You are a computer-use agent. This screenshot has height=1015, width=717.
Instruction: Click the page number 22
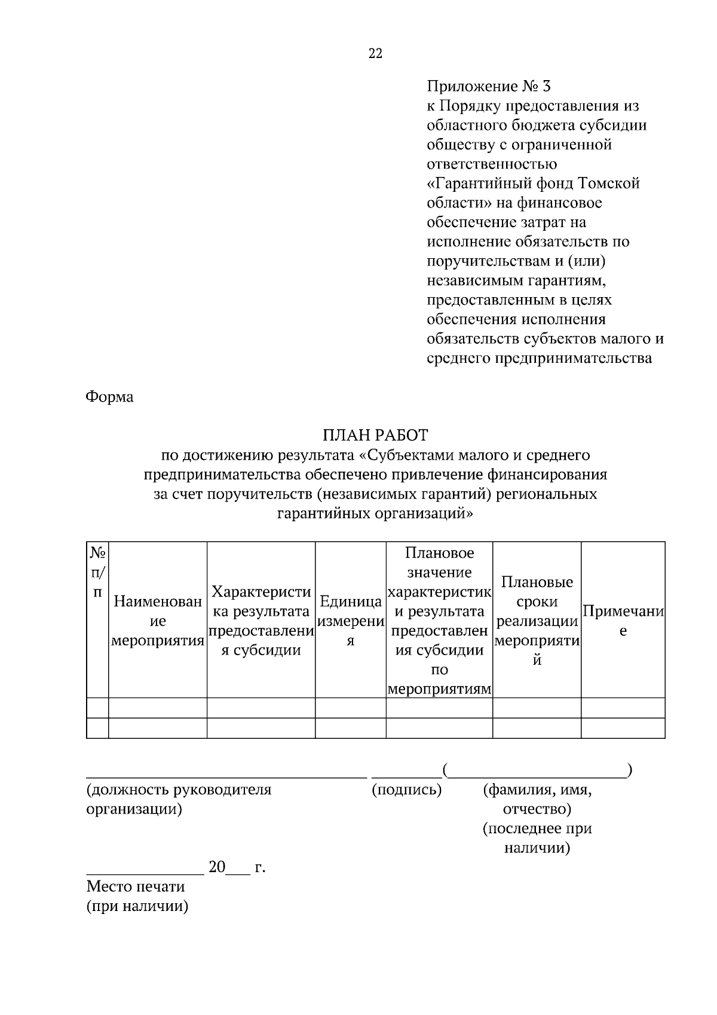(x=375, y=54)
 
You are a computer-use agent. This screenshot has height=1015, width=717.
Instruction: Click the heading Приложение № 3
(x=488, y=87)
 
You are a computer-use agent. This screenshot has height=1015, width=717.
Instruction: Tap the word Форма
(x=109, y=397)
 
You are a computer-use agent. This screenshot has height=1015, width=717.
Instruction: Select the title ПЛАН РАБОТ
(x=375, y=435)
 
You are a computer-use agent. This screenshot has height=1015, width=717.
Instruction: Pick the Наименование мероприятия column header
(x=158, y=622)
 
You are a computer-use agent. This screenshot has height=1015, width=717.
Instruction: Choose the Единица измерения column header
(x=350, y=622)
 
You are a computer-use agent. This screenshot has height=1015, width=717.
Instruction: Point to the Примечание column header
(x=623, y=622)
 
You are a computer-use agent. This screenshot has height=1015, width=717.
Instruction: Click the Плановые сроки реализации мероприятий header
(x=537, y=622)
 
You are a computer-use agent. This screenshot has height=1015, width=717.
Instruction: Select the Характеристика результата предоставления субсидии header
(x=261, y=622)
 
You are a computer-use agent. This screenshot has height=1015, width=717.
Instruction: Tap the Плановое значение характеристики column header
(x=439, y=622)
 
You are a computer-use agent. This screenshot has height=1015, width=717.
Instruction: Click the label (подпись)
(x=406, y=790)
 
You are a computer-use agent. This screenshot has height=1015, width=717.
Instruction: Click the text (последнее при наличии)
(x=537, y=838)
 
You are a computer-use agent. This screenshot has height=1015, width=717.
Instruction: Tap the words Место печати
(x=136, y=886)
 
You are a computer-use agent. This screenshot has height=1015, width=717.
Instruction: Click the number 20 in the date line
(x=217, y=867)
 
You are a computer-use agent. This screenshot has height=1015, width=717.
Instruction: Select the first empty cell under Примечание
(x=623, y=708)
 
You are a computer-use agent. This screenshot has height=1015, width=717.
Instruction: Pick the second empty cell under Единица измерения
(x=350, y=728)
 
